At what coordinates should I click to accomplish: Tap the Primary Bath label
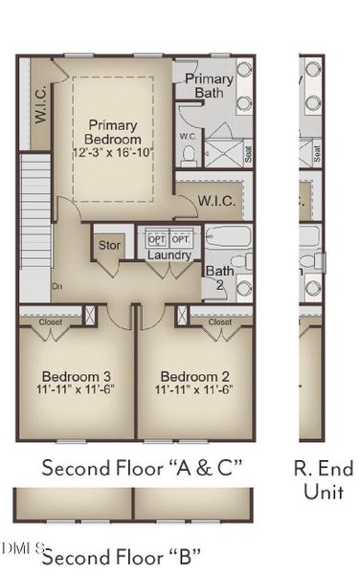point(209,85)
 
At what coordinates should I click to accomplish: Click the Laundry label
point(169,254)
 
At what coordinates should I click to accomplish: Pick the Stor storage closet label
point(110,246)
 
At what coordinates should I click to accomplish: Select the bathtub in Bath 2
point(228,236)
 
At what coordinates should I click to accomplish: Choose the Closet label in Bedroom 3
point(50,322)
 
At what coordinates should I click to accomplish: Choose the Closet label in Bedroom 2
point(220,322)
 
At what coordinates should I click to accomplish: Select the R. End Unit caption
point(325,480)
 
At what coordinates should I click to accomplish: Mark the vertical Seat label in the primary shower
point(247,151)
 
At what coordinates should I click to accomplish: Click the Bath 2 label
point(218,277)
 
